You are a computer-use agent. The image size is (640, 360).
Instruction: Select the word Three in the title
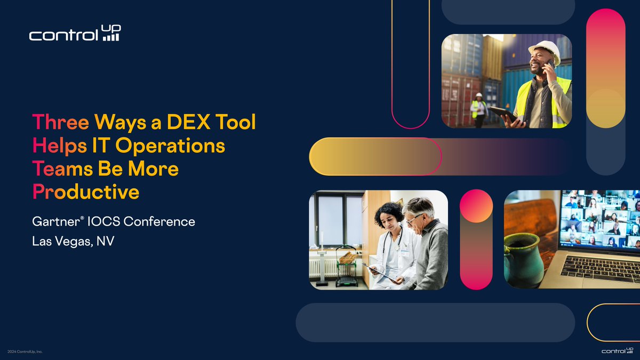click(61, 122)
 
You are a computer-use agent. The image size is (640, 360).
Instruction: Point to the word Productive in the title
click(86, 191)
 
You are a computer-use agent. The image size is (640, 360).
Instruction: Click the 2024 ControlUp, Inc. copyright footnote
click(25, 352)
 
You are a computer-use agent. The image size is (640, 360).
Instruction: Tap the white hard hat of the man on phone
click(545, 49)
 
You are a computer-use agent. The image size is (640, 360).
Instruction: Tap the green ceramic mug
click(523, 261)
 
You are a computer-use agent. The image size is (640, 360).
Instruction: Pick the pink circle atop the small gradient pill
click(476, 206)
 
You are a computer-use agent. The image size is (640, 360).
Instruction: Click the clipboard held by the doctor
click(380, 272)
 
